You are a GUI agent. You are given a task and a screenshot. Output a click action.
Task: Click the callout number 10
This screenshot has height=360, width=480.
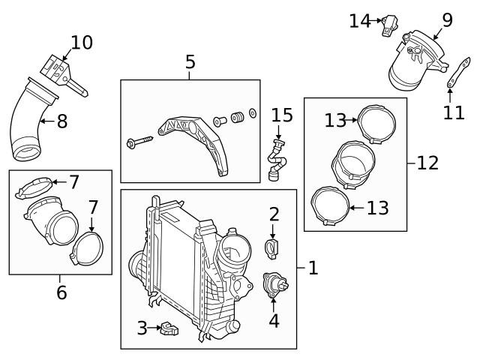coord(82,43)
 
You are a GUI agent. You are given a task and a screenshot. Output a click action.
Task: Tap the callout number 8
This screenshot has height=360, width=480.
coord(61,120)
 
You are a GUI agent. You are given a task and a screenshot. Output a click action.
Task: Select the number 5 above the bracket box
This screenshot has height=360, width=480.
coord(190,63)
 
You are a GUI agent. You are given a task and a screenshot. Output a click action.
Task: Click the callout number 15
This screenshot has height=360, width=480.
coord(282,115)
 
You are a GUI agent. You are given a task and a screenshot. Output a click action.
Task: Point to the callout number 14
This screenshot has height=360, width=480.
coord(359,21)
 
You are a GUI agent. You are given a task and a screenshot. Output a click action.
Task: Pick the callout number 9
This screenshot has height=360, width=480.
coord(447,19)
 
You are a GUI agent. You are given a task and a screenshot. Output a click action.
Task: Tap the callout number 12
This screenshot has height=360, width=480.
coord(427,162)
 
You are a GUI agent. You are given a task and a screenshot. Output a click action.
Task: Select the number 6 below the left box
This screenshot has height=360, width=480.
coord(61,291)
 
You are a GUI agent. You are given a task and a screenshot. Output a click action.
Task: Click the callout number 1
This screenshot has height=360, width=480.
coord(313,267)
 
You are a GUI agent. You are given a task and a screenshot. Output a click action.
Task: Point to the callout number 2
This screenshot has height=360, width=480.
coord(274,214)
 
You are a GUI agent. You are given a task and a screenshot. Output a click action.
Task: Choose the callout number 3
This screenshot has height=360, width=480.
coord(142,328)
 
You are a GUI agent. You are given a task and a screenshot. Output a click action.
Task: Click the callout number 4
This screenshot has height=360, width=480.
coord(274,321)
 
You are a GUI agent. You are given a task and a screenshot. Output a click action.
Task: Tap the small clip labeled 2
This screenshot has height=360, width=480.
coord(273,247)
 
